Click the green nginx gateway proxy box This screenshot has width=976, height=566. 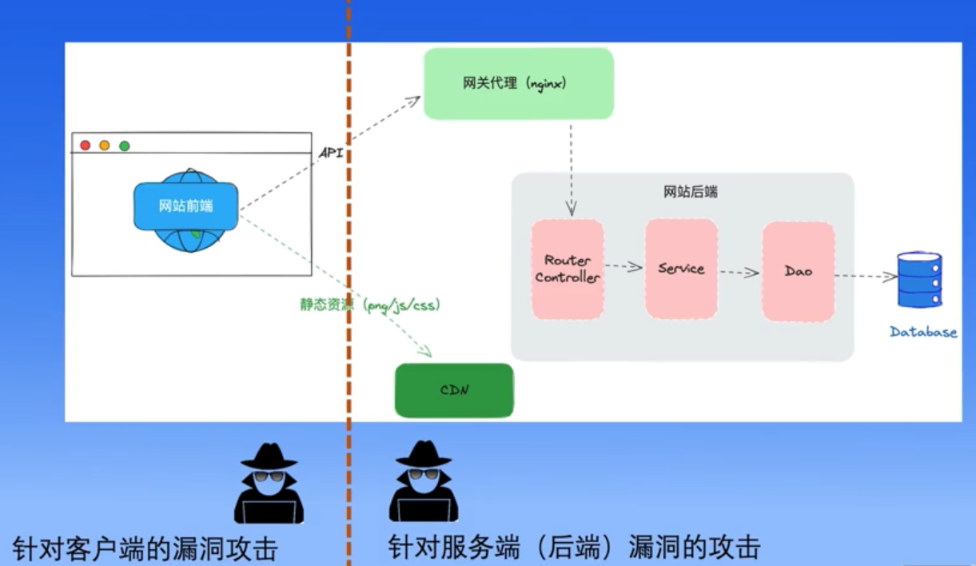point(519,84)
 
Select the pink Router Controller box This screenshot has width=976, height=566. point(568,269)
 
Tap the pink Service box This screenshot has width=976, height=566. point(682,269)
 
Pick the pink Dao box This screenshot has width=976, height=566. point(799,272)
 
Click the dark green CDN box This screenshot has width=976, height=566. point(454,390)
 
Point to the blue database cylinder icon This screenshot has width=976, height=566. point(919,279)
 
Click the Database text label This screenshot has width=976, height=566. point(923,332)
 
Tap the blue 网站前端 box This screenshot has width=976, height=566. point(186,206)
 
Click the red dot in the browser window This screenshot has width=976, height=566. point(86,145)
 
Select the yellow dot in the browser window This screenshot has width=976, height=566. point(105,145)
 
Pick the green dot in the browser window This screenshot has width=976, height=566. point(125,146)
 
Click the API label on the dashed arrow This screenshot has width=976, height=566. point(331,153)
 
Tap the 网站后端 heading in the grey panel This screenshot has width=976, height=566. point(691,192)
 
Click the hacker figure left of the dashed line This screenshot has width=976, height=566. point(269,483)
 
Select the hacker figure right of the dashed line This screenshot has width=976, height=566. point(424,481)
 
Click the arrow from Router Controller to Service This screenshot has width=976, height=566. point(623,266)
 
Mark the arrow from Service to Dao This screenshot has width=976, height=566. point(739,273)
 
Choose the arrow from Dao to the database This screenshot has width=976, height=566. point(866,277)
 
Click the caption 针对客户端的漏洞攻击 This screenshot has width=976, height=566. point(145,549)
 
